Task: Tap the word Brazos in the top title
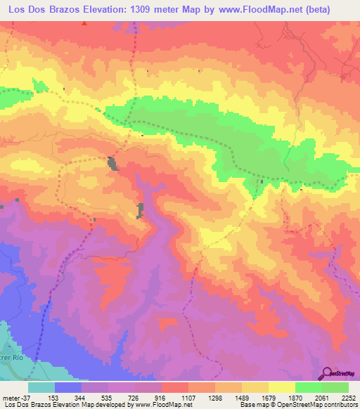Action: point(67,9)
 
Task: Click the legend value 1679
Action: point(270,397)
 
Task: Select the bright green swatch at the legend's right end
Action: point(335,387)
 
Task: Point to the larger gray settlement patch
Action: point(112,163)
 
